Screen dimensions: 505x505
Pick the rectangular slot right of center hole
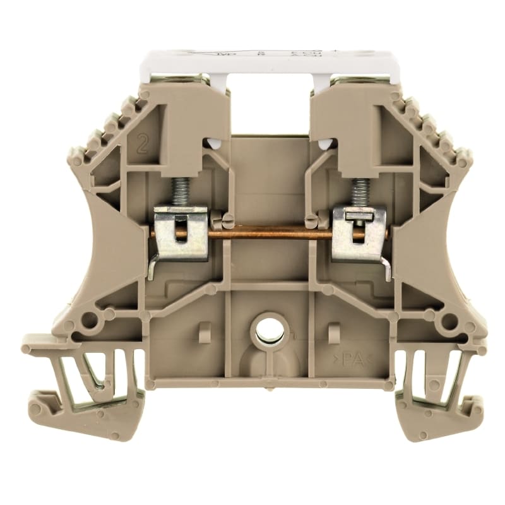(x=335, y=332)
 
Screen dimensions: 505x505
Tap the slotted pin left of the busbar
(x=225, y=221)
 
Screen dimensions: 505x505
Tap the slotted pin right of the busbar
(x=312, y=221)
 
